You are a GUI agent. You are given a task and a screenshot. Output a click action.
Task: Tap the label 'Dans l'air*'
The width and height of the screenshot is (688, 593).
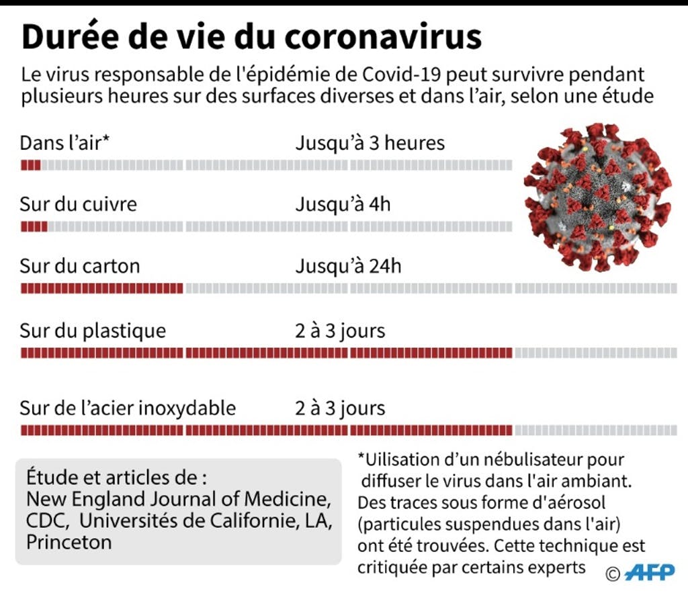pos(64,142)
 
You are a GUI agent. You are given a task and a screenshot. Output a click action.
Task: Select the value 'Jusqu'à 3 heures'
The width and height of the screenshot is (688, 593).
pos(370,143)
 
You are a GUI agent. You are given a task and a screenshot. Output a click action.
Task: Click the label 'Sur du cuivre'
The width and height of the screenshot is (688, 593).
pos(78,204)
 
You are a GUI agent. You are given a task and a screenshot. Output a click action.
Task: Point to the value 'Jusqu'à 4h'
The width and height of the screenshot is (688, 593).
pos(343,204)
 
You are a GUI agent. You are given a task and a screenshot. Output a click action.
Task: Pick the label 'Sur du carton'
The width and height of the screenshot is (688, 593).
pos(80,266)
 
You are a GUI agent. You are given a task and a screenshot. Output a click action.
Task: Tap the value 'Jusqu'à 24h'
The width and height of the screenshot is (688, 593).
pos(348,266)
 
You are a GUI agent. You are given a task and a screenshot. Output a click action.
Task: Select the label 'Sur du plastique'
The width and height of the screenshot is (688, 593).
pos(93,331)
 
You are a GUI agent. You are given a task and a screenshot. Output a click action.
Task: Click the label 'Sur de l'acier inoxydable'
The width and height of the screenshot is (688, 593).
pos(128,408)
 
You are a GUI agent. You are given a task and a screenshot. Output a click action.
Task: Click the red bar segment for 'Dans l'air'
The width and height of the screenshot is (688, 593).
pos(31,165)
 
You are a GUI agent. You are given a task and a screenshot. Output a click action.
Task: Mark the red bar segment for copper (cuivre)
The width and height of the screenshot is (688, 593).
pos(34,227)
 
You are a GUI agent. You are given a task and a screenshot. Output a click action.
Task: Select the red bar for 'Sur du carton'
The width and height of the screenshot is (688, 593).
pos(102,288)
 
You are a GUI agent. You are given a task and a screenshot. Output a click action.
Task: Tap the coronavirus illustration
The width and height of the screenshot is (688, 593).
pos(597,197)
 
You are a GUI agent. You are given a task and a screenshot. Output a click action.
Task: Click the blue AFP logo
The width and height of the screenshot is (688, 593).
pos(650,572)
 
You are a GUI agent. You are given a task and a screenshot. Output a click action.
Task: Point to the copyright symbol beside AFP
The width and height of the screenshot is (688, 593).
pos(613,574)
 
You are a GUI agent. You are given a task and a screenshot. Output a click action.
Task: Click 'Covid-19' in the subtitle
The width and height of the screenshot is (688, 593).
pos(401,75)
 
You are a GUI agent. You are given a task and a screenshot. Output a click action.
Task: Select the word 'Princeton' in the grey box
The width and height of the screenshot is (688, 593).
pos(69,543)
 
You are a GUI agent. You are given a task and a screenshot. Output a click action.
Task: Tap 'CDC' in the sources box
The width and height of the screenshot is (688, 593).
pos(48,521)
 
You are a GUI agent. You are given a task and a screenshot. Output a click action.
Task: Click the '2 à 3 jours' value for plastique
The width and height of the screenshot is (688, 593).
pos(340,331)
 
